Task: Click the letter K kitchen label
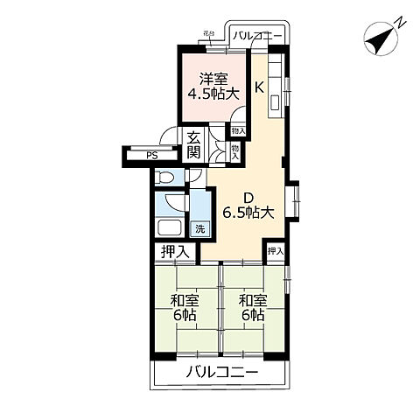(259, 87)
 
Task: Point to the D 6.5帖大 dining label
(248, 204)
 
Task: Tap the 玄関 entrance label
(193, 144)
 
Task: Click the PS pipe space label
(152, 157)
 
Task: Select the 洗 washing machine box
(200, 229)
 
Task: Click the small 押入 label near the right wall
(276, 251)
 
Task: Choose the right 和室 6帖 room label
(253, 307)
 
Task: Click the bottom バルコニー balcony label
(221, 373)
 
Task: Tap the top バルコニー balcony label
(257, 36)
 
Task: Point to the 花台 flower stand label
(208, 34)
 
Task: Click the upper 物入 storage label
(237, 130)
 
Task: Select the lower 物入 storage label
(236, 151)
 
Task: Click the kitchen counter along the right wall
(277, 87)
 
